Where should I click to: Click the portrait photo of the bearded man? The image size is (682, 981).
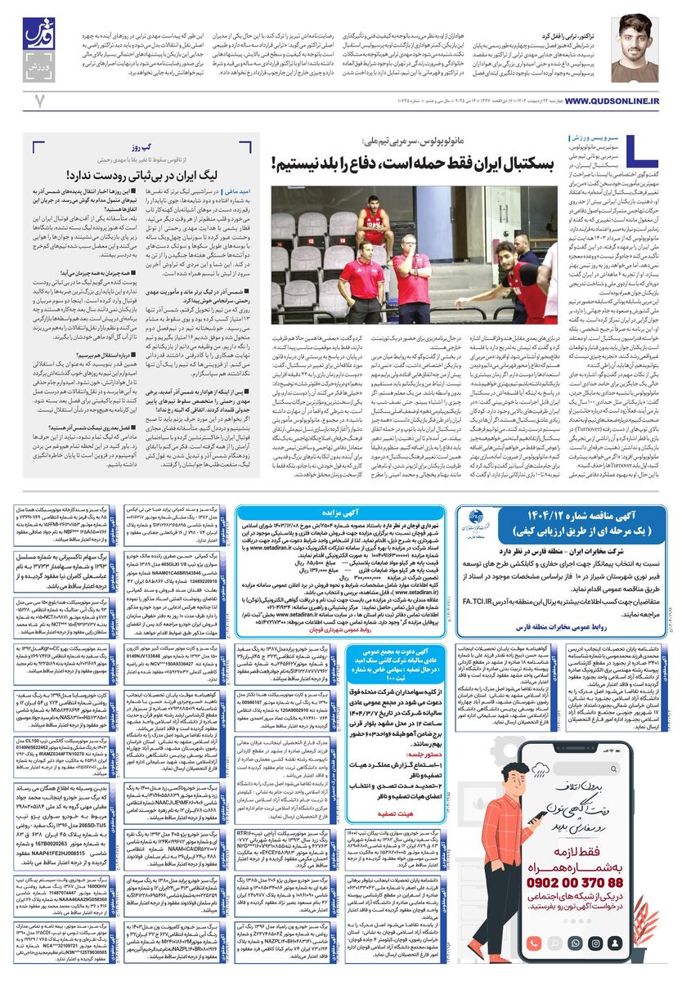(634, 47)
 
